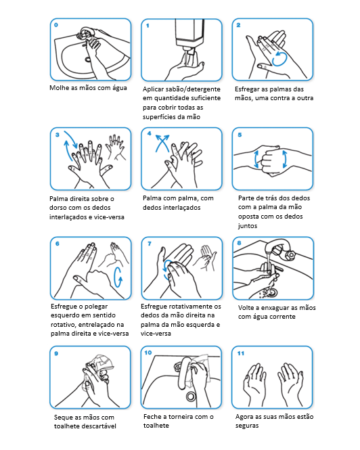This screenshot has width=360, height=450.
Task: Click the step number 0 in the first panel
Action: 56,25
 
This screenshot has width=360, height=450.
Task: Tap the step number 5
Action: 240,135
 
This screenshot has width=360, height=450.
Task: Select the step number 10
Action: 148,353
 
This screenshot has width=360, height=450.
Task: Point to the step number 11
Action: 241,353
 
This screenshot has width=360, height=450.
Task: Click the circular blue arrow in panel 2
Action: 279,59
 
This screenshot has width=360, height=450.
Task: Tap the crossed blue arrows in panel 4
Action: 162,143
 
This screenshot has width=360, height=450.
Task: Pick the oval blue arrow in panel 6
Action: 118,277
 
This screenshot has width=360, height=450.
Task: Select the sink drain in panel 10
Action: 190,396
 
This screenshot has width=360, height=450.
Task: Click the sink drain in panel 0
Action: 88,60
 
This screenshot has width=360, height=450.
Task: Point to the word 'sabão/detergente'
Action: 195,89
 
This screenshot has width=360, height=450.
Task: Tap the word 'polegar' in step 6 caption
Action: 97,307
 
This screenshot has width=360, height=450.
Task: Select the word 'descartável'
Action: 100,426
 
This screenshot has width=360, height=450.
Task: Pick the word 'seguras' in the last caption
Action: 247,426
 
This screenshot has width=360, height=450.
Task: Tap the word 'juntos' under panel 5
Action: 248,226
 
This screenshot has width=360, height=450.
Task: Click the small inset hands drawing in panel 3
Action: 116,147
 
